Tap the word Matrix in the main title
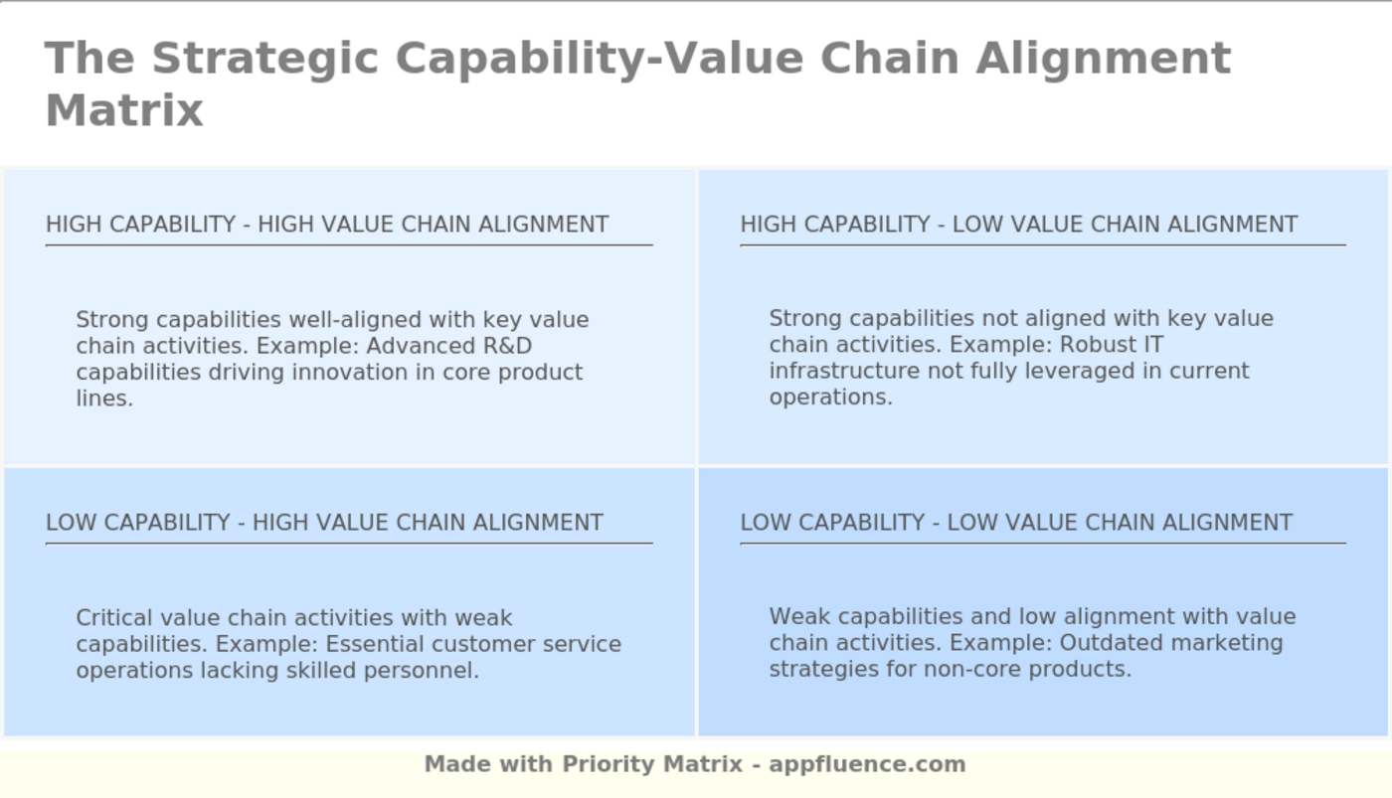coord(125,110)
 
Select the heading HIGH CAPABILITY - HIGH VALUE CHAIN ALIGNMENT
coord(327,225)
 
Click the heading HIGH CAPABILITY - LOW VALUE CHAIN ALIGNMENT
coord(1019,225)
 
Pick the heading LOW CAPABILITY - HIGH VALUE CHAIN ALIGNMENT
coord(324,523)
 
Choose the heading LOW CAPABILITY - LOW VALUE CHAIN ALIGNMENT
coord(1016,523)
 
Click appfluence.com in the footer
coord(867,764)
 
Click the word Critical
coord(114,618)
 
